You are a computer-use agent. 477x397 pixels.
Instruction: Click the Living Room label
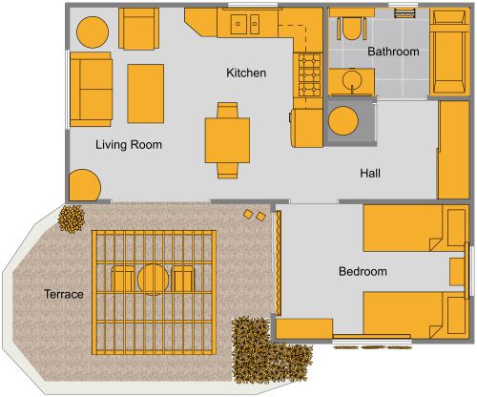(x=129, y=145)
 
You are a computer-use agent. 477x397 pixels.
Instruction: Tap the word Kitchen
(x=245, y=73)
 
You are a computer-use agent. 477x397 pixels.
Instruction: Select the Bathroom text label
(x=394, y=52)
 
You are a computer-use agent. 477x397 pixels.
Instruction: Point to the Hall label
(x=371, y=174)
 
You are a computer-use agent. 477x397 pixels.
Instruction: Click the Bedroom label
(x=363, y=272)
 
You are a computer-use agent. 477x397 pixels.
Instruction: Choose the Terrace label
(x=64, y=294)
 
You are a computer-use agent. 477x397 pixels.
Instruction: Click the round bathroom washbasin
(x=352, y=80)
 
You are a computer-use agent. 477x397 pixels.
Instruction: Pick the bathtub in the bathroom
(x=445, y=52)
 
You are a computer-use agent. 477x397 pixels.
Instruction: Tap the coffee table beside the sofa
(x=145, y=93)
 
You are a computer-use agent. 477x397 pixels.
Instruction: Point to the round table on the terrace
(x=154, y=280)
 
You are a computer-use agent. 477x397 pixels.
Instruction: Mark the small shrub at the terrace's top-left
(x=71, y=219)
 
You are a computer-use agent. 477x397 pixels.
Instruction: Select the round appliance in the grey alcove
(x=342, y=122)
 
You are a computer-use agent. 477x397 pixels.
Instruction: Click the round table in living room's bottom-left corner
(x=83, y=185)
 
